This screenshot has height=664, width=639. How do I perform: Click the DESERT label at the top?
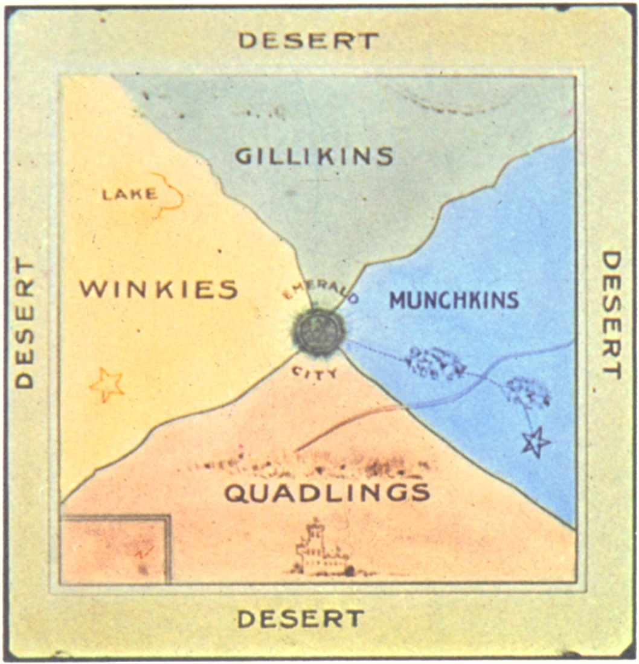point(309,40)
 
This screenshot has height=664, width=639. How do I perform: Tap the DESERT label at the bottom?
point(301,618)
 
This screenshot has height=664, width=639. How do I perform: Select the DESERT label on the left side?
point(24,323)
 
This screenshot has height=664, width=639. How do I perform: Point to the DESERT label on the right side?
point(611,314)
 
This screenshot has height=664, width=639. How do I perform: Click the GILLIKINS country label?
point(314,156)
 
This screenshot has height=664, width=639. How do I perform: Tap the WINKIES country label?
point(158,289)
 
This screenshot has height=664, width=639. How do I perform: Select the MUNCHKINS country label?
point(454,300)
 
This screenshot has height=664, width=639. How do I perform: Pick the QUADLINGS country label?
point(327,493)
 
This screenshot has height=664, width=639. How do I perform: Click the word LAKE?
point(129,194)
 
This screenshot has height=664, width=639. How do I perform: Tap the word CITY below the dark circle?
point(315,373)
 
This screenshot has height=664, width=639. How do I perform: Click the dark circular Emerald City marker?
point(319,331)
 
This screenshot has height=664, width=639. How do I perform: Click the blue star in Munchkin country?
point(535,443)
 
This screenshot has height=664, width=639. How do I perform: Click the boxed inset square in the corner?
point(115,549)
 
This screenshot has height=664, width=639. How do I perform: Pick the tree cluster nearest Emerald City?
point(435,363)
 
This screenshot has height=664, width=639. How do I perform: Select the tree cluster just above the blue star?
point(527,392)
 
